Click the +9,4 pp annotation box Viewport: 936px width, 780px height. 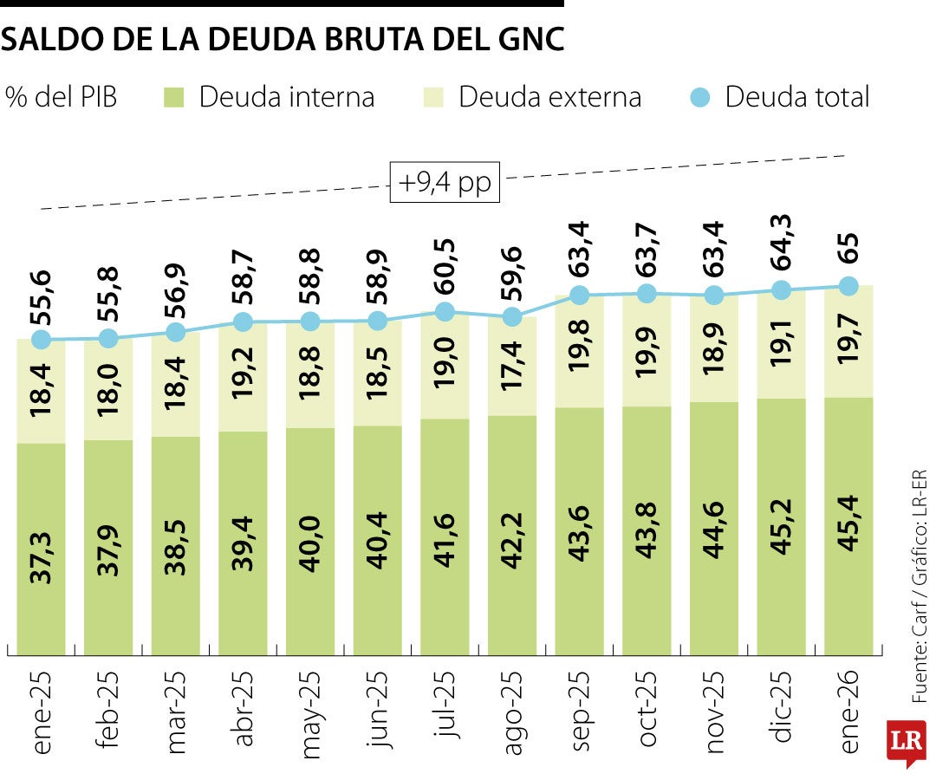[445, 183]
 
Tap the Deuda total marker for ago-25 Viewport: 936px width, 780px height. [512, 317]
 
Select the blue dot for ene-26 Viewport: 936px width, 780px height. [848, 286]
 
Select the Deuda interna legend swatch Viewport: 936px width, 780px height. [174, 97]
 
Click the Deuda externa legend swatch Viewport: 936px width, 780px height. [434, 97]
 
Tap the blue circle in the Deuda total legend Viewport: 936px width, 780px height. [701, 97]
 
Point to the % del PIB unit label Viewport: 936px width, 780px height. [61, 97]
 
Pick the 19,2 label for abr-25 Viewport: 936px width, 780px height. [244, 374]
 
